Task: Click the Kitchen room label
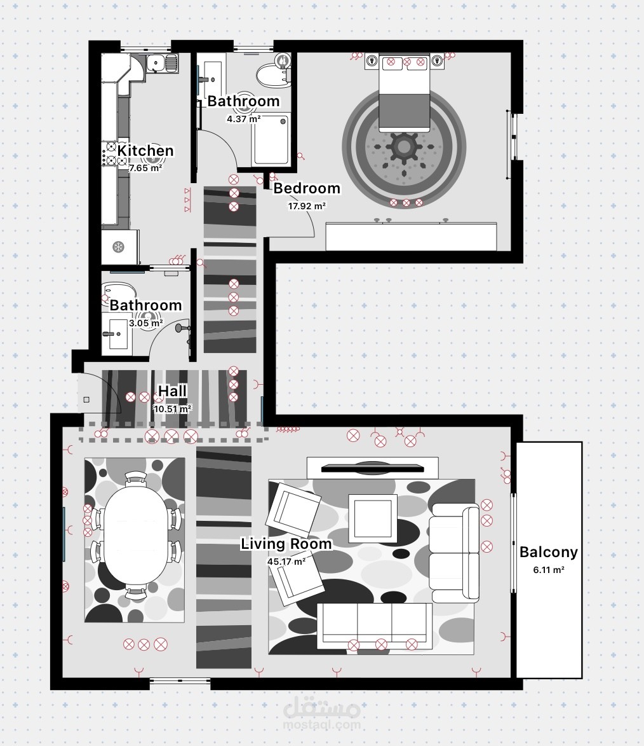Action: (145, 150)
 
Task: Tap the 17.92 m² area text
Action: (307, 206)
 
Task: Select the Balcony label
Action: (549, 552)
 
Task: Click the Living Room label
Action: (286, 544)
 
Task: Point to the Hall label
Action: (172, 391)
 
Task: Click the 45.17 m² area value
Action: (286, 562)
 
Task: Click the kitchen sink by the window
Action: (161, 63)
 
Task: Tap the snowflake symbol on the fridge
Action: (118, 247)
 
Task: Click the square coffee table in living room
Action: (373, 518)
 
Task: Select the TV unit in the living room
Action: (372, 468)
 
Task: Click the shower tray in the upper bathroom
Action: (271, 139)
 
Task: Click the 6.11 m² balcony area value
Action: (549, 569)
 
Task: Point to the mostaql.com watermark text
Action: (322, 724)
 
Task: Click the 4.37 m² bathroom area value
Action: (243, 119)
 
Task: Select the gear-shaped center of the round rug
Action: (403, 147)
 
